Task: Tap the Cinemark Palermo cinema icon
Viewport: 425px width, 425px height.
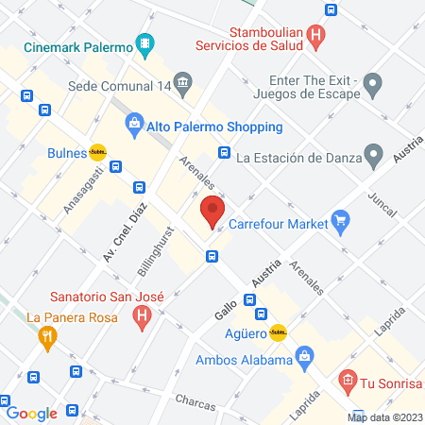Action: [x=144, y=42]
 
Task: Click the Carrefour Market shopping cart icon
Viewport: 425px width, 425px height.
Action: [x=342, y=224]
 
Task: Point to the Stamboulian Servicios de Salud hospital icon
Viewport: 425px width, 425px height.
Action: [x=316, y=37]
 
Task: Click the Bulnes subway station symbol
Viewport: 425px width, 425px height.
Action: [x=97, y=151]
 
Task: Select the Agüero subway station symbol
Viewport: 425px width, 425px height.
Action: [x=278, y=332]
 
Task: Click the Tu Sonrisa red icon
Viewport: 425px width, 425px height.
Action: [x=348, y=382]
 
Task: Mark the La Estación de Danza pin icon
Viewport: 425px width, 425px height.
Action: [x=374, y=155]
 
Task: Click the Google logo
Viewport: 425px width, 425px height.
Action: [x=31, y=413]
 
